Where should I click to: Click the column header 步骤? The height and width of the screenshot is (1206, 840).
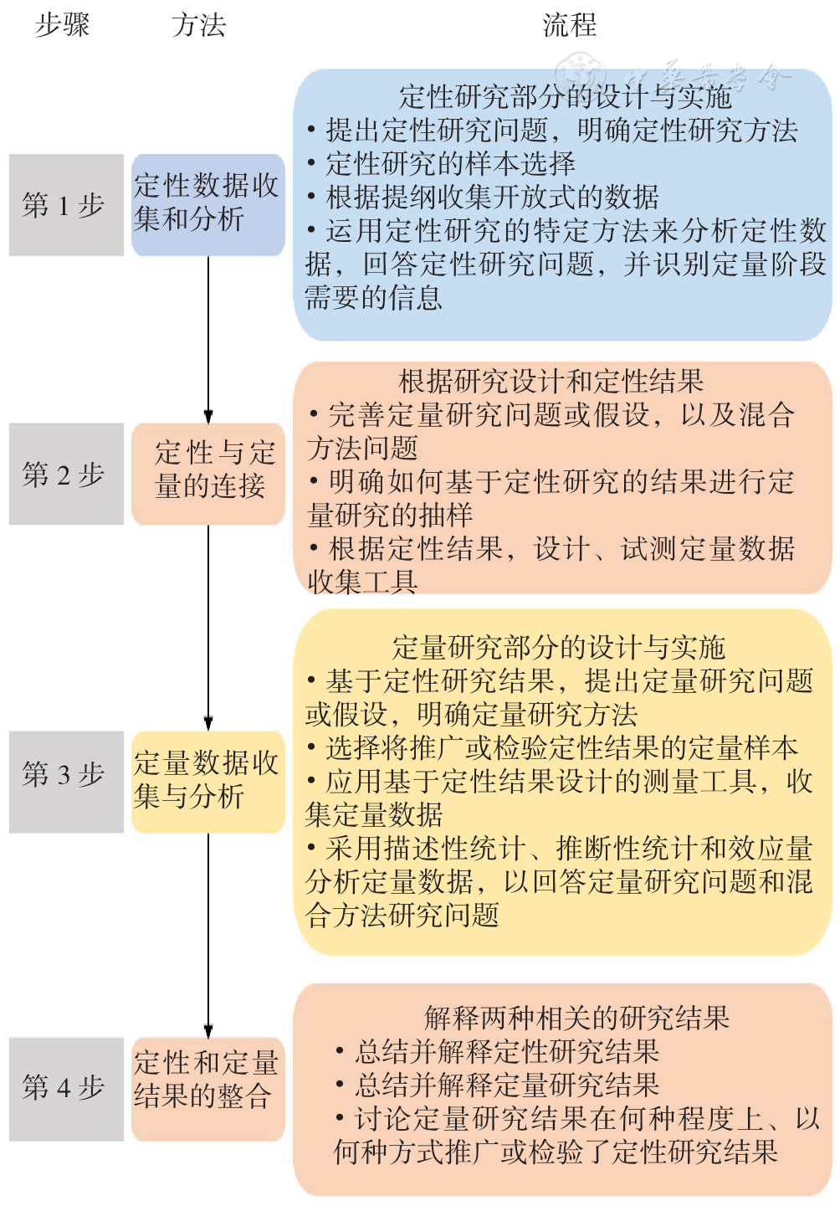[x=63, y=25]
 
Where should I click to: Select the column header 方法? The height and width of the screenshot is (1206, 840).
[x=198, y=25]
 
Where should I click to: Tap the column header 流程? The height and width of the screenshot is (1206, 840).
[x=569, y=25]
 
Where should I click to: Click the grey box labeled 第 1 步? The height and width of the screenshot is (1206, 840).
[x=66, y=204]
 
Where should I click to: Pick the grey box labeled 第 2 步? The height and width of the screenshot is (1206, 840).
[x=66, y=474]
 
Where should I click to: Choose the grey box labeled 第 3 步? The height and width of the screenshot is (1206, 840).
[x=66, y=782]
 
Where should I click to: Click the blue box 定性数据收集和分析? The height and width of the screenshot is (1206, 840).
[x=208, y=204]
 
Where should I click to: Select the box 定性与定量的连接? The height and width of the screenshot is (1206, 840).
[x=208, y=474]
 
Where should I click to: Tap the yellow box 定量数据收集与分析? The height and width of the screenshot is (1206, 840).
[x=208, y=782]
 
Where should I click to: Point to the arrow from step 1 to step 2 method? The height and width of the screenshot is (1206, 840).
[x=208, y=340]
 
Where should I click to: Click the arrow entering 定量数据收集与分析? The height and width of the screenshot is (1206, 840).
[x=208, y=628]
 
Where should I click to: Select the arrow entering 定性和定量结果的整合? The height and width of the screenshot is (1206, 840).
[x=208, y=935]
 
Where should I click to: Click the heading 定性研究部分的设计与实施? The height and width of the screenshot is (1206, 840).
[x=565, y=97]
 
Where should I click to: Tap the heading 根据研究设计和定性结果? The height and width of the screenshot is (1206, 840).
[x=551, y=381]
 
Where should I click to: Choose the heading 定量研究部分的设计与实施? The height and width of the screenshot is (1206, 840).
[x=559, y=647]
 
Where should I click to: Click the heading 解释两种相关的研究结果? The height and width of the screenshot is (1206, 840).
[x=576, y=1018]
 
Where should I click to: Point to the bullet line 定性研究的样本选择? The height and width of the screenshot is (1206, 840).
[x=441, y=164]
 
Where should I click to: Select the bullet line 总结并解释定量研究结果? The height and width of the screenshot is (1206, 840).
[x=498, y=1085]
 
